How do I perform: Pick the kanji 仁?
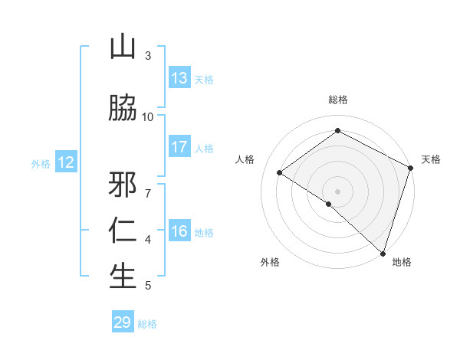[123, 231]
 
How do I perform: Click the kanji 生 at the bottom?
[123, 277]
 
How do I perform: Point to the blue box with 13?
[179, 78]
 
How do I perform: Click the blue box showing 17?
[179, 147]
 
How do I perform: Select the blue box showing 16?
[179, 231]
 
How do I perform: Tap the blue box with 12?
[66, 162]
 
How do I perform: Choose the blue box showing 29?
[123, 322]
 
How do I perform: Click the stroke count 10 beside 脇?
[148, 116]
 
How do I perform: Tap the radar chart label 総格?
[338, 100]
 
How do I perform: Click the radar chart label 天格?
[431, 159]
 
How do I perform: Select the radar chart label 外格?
[270, 262]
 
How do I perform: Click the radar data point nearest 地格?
[383, 252]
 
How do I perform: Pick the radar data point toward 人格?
[280, 173]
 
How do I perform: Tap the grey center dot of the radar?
[337, 191]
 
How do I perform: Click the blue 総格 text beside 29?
[147, 324]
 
